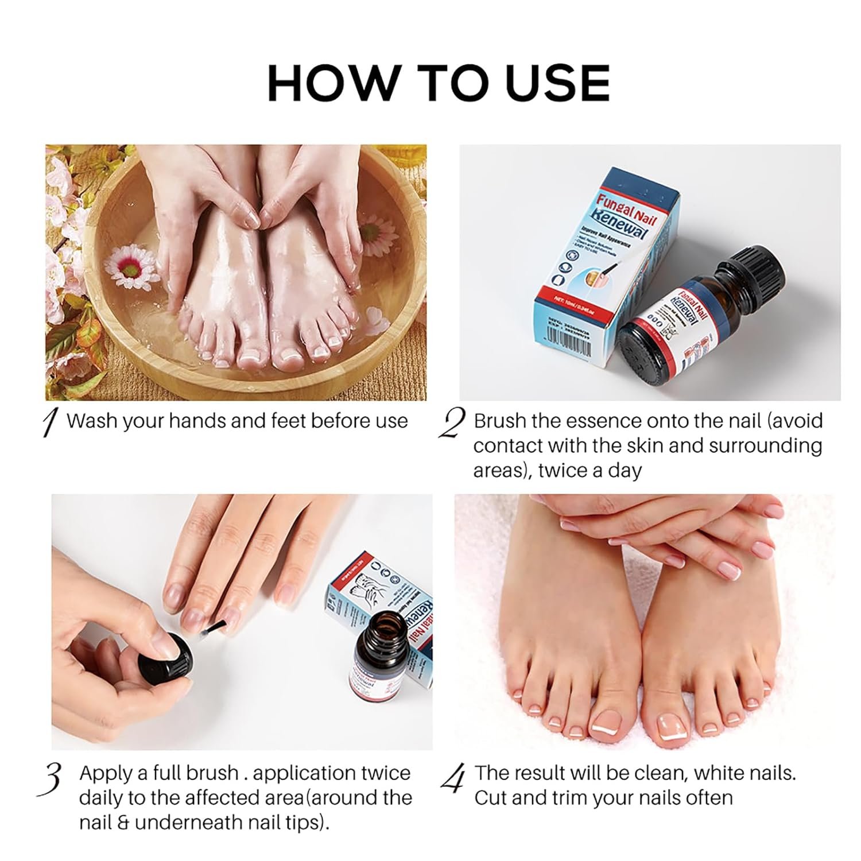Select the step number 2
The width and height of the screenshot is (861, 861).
[452, 424]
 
